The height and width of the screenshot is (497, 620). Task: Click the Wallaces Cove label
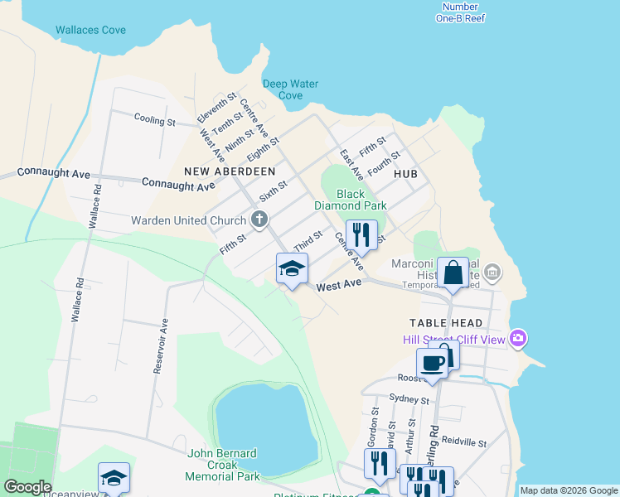pyautogui.click(x=90, y=31)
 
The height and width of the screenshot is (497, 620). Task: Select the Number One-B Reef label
pyautogui.click(x=460, y=12)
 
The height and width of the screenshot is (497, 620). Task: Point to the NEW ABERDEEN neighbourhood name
pyautogui.click(x=230, y=171)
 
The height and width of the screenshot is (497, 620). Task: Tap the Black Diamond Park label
pyautogui.click(x=351, y=200)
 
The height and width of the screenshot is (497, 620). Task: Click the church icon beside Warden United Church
pyautogui.click(x=259, y=220)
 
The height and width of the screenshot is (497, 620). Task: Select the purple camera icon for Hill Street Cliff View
pyautogui.click(x=518, y=337)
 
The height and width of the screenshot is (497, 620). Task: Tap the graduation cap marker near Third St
pyautogui.click(x=292, y=268)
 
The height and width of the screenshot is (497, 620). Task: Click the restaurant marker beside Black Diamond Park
pyautogui.click(x=361, y=234)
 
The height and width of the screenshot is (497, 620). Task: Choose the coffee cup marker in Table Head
pyautogui.click(x=433, y=363)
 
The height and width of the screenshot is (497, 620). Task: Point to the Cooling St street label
pyautogui.click(x=155, y=121)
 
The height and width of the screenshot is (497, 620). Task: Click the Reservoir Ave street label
pyautogui.click(x=161, y=346)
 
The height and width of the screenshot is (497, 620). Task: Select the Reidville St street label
pyautogui.click(x=464, y=443)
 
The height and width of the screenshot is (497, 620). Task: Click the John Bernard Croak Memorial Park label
pyautogui.click(x=223, y=465)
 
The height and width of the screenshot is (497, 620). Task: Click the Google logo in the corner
pyautogui.click(x=27, y=487)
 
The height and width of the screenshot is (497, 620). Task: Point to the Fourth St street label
pyautogui.click(x=384, y=162)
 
